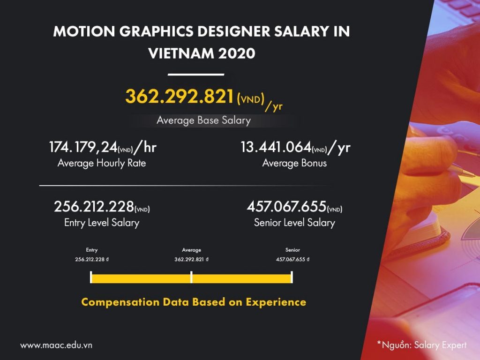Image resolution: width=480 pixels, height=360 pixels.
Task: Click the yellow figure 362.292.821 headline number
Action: tap(180, 97)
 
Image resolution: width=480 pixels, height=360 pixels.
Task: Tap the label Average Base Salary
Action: tap(203, 120)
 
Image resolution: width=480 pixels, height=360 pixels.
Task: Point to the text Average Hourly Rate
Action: tap(102, 163)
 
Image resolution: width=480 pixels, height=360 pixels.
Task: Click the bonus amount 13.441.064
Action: tap(276, 148)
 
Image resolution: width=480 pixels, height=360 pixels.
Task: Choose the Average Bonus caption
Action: tap(294, 163)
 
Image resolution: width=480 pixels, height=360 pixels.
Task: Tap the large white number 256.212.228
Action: tap(94, 206)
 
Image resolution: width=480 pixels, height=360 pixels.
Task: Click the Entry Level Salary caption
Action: tap(102, 222)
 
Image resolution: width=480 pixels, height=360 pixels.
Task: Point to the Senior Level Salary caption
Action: tap(294, 222)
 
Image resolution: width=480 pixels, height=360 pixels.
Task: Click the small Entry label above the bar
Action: tap(92, 250)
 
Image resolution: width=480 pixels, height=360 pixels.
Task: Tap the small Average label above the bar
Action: tap(191, 250)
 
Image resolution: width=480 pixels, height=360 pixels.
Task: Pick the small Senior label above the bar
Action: tap(292, 250)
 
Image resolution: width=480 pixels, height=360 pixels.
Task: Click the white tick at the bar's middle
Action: tap(191, 277)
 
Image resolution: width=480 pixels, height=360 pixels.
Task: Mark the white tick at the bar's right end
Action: tap(292, 277)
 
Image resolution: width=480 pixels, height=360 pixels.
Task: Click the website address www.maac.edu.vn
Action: tap(56, 345)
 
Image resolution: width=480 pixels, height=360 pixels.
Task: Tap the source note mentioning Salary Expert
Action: tap(422, 345)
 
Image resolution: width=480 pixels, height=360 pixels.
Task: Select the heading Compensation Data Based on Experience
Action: tap(194, 302)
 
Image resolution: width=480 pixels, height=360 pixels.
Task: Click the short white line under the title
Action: tap(196, 74)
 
